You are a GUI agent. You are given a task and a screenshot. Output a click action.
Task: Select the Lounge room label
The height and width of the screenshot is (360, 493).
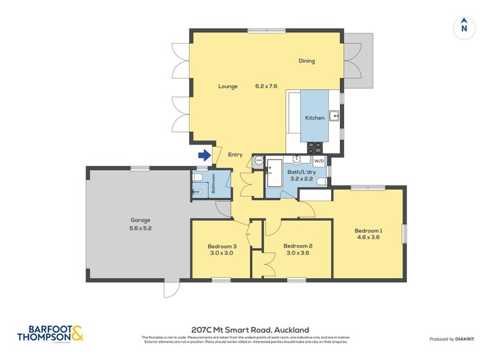tap(227, 86)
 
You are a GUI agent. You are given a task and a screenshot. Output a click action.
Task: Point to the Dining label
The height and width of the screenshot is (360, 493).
tap(307, 61)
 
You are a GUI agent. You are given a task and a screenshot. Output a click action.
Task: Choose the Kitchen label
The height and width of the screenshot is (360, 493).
tap(314, 118)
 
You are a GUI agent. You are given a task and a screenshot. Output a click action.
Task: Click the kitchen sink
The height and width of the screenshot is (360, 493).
tap(334, 115)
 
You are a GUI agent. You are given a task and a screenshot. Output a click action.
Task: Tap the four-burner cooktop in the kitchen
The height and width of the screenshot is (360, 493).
tap(315, 147)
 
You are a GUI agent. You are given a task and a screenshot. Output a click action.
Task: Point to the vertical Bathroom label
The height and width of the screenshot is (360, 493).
tap(214, 184)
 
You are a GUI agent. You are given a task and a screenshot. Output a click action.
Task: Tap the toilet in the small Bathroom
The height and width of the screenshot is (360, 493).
tap(197, 178)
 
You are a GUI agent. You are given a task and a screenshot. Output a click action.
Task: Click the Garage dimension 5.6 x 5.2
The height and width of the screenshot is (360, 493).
tap(140, 227)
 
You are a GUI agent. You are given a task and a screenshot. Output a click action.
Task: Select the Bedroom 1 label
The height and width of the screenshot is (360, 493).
tap(368, 231)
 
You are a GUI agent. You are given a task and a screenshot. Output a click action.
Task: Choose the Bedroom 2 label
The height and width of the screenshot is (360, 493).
tap(297, 246)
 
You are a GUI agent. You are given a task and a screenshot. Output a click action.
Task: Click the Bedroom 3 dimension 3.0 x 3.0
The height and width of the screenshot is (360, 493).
tap(220, 252)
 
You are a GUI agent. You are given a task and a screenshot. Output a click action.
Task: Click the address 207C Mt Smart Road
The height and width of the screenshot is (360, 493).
tap(250, 330)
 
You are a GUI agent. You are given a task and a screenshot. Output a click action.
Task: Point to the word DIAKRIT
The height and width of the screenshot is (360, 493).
tap(468, 340)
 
